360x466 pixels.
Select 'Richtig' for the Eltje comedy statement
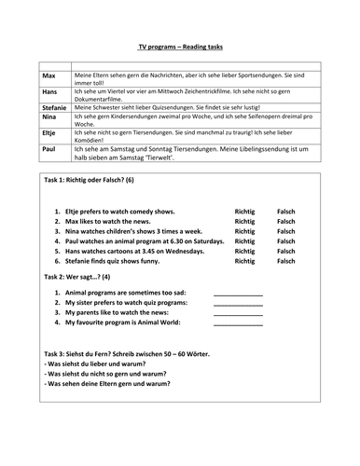(244, 212)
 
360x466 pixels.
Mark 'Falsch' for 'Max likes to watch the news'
(287, 225)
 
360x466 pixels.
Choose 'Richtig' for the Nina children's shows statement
(244, 238)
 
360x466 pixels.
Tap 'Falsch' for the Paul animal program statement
(287, 251)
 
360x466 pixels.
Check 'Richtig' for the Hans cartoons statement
(244, 264)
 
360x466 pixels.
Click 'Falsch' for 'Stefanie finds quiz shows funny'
(287, 277)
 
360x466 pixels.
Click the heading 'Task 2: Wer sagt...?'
(77, 291)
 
